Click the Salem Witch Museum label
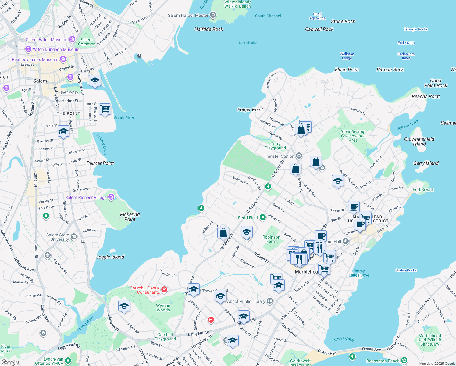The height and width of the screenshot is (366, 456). (x=46, y=40)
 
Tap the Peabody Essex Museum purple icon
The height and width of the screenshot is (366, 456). (x=63, y=59)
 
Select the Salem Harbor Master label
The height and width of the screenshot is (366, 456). (x=188, y=15)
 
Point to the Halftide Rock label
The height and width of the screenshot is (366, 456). (x=209, y=29)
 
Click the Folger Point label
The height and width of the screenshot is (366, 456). (x=250, y=109)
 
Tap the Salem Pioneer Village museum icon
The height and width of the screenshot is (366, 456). (x=111, y=197)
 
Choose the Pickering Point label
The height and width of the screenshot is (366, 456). (x=130, y=217)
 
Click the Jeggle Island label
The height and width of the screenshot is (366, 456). (x=110, y=257)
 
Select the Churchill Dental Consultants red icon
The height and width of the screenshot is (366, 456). (x=164, y=289)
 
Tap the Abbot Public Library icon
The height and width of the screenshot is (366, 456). (x=270, y=301)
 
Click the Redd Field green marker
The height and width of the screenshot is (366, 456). (x=263, y=218)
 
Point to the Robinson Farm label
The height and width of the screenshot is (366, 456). (x=271, y=239)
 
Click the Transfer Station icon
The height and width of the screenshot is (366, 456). (x=299, y=156)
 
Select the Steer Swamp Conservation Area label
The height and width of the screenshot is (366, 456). (x=353, y=136)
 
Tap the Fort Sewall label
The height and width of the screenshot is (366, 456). (x=423, y=190)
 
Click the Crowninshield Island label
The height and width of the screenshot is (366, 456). (x=419, y=142)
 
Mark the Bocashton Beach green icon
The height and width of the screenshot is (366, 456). (x=404, y=361)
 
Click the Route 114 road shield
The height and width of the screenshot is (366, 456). (x=83, y=241)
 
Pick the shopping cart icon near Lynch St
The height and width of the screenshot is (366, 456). (x=105, y=109)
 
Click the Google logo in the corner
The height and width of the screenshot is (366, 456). (x=10, y=362)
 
